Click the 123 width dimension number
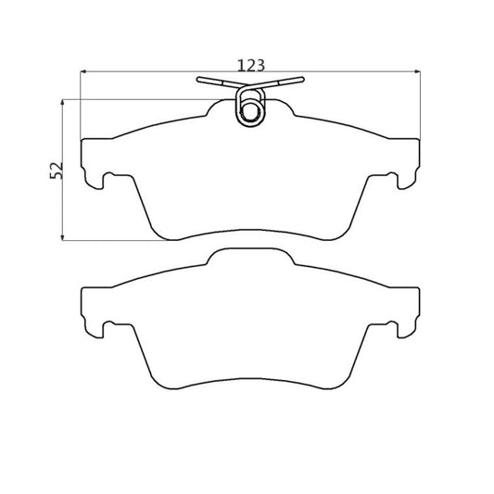click(251, 66)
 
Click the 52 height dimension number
click(57, 171)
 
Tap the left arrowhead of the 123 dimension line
click(82, 72)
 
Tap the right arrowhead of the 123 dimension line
click(417, 72)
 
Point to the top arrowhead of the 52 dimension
click(62, 102)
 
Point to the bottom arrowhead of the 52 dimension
click(62, 237)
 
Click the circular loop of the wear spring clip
click(251, 108)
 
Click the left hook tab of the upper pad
click(94, 180)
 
